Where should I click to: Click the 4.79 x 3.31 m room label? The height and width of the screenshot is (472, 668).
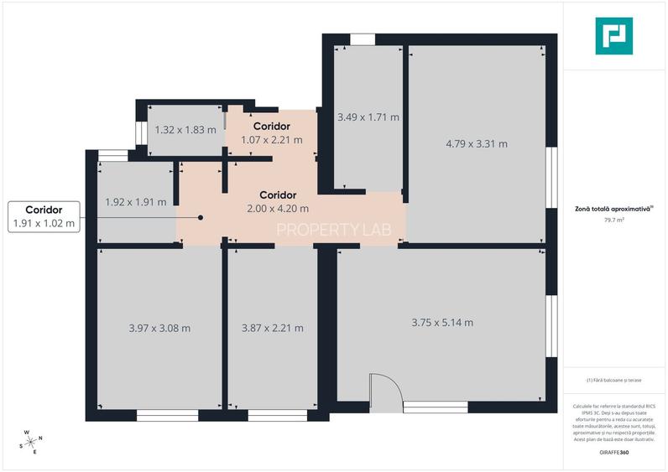pos(476,143)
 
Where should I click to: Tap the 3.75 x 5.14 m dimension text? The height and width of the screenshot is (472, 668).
pos(442,322)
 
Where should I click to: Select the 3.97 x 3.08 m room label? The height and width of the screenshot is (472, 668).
pos(159,328)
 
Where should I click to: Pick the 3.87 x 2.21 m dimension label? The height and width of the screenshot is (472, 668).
pos(272,328)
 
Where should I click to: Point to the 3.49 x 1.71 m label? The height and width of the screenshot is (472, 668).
pos(368,117)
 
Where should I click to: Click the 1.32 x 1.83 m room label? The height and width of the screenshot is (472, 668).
pos(185,130)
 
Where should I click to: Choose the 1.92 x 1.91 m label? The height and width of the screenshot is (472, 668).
pos(135,202)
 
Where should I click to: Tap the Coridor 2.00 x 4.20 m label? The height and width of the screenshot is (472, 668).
pos(278,201)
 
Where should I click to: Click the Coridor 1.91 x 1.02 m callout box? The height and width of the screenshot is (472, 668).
pos(44,216)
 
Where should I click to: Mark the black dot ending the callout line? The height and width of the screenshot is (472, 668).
pos(201,217)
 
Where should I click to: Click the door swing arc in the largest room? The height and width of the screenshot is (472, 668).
pos(385,388)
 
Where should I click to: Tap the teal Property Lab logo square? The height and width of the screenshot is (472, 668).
pos(613,36)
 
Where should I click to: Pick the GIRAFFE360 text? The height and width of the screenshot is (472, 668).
pos(613,452)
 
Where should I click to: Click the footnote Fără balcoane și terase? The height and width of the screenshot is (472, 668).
pos(613,380)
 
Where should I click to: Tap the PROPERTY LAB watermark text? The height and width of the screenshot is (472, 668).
pos(334,230)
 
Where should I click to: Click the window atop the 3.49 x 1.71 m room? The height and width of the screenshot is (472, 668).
pos(363,39)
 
